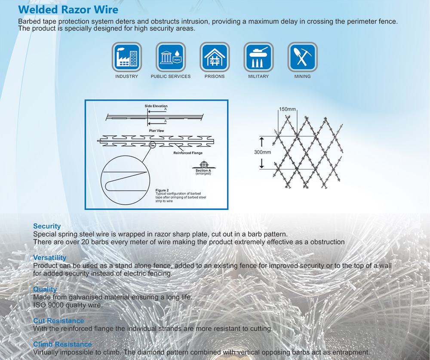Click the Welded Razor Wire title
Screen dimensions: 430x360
(68, 9)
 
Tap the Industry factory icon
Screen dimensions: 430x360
(127, 57)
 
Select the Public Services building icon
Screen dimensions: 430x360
(171, 57)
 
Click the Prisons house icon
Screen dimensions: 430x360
(215, 57)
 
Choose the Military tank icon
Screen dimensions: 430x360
(258, 57)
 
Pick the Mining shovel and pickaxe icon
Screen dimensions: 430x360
(302, 57)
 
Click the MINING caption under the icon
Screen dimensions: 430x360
(302, 77)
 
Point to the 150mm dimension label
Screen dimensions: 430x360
(287, 109)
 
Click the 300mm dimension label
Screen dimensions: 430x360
(262, 152)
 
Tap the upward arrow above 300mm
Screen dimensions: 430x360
(261, 142)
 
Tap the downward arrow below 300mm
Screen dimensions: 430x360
(261, 163)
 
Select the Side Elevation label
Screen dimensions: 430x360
(156, 106)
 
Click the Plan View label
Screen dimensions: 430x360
(157, 131)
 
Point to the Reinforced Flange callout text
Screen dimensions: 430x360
(188, 153)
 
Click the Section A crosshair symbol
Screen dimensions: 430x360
(204, 165)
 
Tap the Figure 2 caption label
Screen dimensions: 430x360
(162, 190)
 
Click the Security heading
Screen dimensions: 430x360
(47, 226)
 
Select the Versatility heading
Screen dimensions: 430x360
(49, 258)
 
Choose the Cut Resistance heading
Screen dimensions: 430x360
(58, 321)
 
